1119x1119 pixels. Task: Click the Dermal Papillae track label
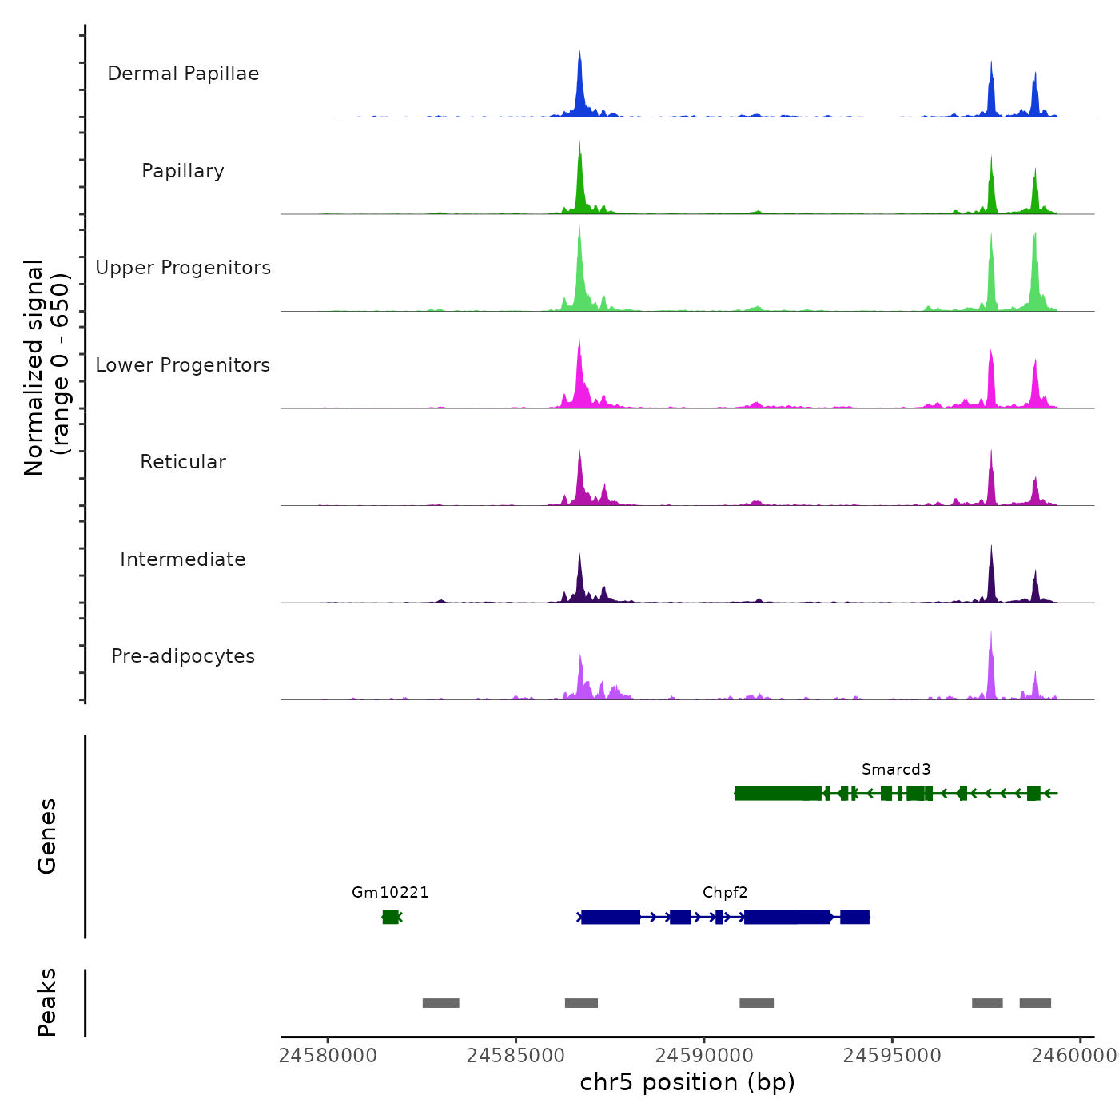(183, 74)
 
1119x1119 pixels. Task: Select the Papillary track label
(183, 171)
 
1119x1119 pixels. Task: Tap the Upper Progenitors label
(183, 268)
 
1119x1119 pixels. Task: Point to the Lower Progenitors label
(183, 365)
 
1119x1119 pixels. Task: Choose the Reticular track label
(183, 462)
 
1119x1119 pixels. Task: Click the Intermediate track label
(183, 559)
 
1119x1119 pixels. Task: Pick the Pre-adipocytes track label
(183, 656)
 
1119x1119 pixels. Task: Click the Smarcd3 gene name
(896, 770)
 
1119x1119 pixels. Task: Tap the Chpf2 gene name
(725, 893)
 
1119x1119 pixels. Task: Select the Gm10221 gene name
(390, 893)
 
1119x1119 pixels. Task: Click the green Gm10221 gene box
(390, 917)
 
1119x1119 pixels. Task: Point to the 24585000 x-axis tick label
(516, 1055)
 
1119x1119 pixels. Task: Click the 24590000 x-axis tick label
(704, 1055)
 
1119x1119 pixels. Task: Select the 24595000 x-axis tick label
(892, 1055)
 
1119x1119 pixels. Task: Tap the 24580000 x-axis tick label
(328, 1055)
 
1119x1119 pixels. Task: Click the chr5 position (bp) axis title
(687, 1082)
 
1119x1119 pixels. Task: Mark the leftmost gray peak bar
(440, 1003)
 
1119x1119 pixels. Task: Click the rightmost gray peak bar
(1035, 1003)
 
